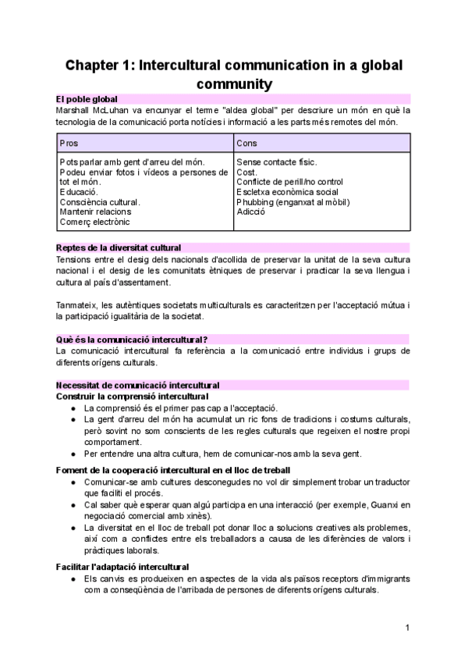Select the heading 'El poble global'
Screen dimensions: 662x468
coord(87,99)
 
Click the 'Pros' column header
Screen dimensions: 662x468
coord(69,144)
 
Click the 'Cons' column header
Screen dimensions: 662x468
coord(248,144)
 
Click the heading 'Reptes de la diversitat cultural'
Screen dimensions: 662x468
coord(119,247)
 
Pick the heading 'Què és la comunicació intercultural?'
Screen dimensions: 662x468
coord(131,339)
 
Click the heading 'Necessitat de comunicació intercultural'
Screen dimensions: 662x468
coord(137,385)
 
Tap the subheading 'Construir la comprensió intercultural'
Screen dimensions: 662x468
coord(127,397)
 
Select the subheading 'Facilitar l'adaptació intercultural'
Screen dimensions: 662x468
coord(122,566)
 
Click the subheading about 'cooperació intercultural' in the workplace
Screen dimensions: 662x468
coord(173,470)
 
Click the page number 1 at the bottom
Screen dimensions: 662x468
coord(407,628)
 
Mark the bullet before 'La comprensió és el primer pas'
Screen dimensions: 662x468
coord(73,408)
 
